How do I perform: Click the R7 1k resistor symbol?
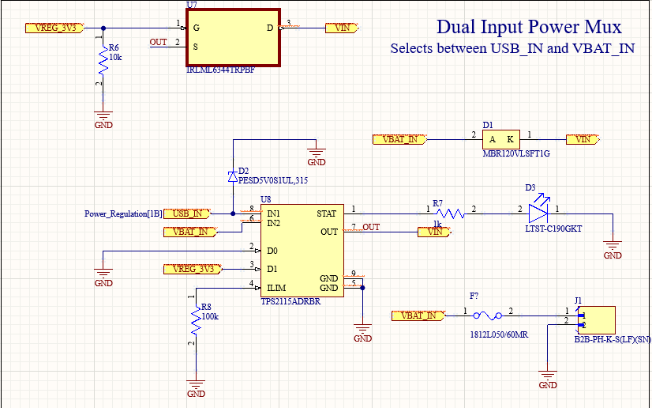point(449,213)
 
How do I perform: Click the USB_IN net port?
point(190,213)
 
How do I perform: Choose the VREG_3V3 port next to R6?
point(54,28)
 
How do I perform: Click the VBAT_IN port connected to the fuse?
point(418,315)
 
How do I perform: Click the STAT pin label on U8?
point(326,213)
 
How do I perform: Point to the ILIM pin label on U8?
point(277,288)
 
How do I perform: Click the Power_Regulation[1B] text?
point(123,213)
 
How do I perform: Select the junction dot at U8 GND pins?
point(362,288)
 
